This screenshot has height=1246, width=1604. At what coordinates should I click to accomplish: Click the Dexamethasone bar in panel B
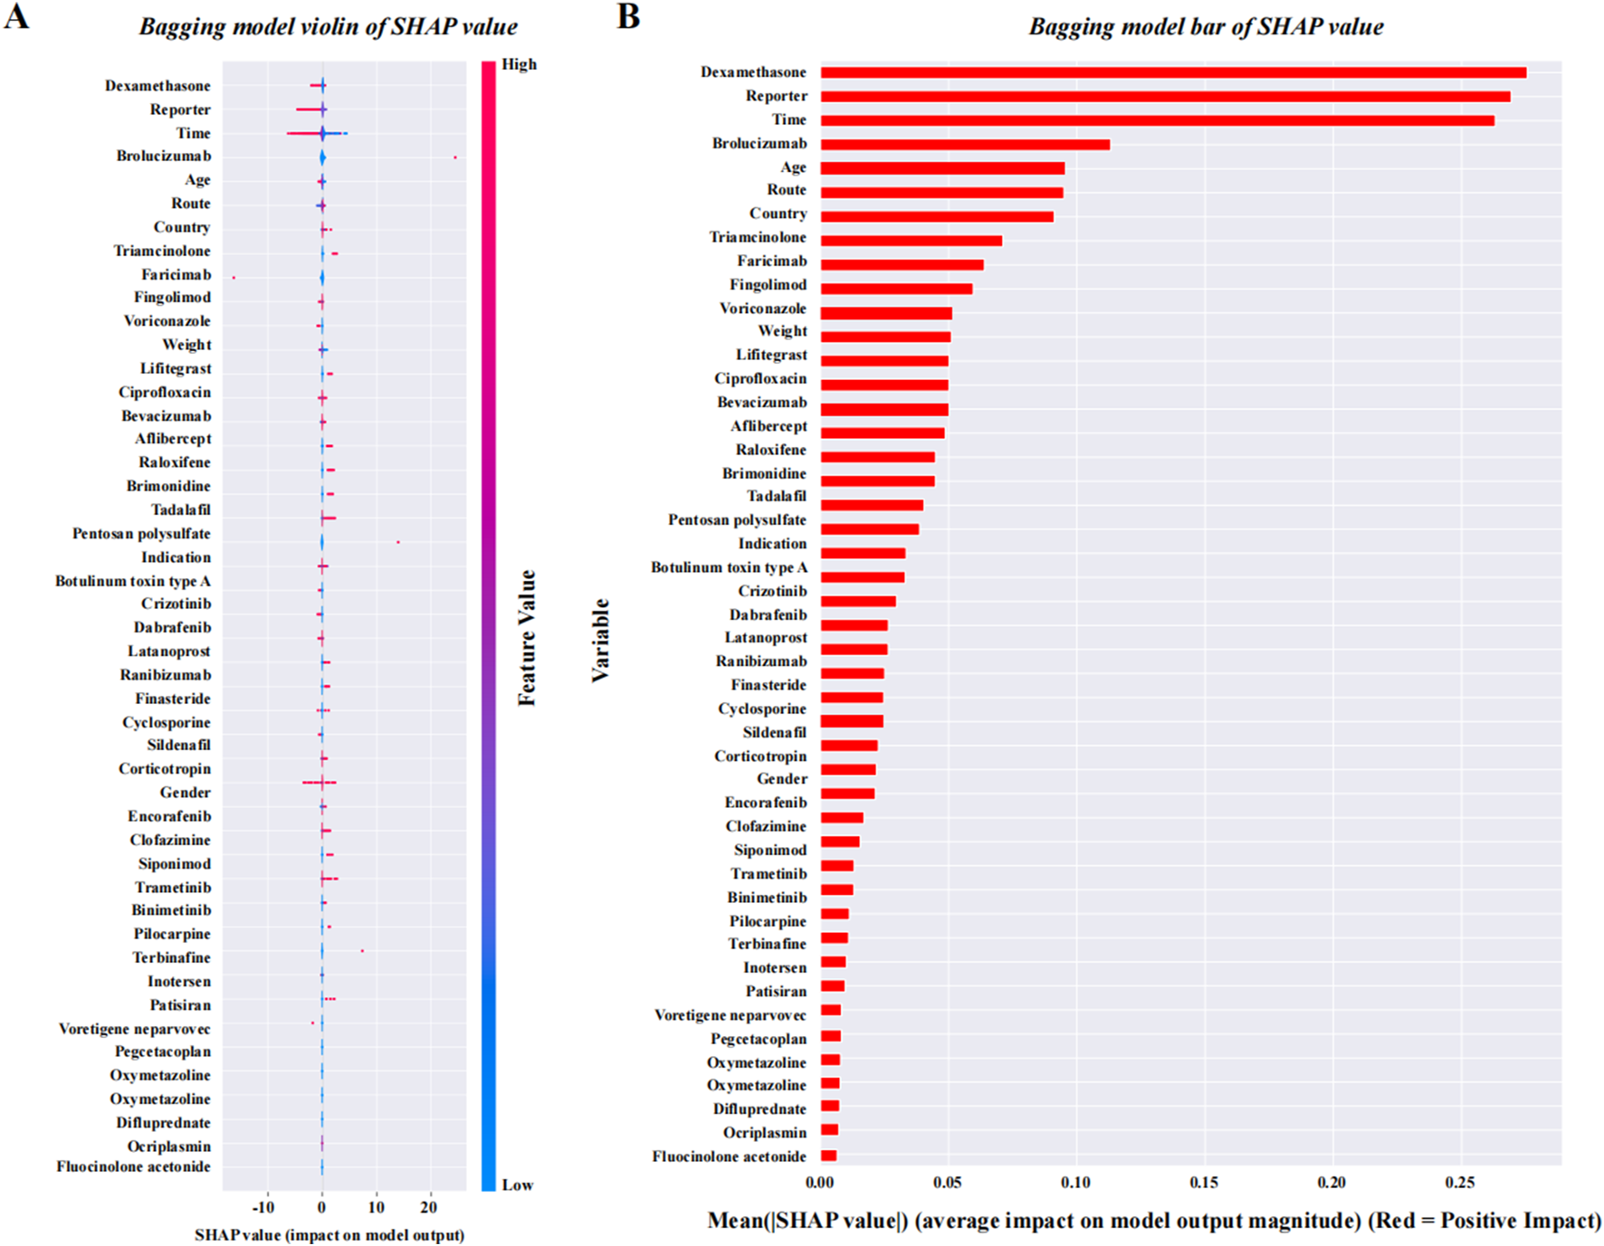point(1172,73)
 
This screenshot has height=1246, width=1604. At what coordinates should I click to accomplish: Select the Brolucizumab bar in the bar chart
point(965,145)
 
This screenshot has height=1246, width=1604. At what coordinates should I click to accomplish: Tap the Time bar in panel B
point(1157,120)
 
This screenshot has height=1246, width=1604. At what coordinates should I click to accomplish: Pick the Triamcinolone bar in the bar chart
point(911,241)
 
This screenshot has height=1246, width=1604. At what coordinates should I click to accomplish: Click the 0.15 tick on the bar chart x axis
point(1204,1183)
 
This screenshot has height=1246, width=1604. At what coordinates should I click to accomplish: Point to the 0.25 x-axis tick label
point(1459,1183)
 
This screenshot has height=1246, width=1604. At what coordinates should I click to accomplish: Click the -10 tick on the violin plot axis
point(263,1207)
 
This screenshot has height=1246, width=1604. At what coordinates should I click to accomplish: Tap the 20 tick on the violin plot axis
point(429,1207)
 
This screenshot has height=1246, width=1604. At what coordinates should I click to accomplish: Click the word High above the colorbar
point(519,64)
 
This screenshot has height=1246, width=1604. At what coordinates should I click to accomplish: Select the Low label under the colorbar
point(517,1185)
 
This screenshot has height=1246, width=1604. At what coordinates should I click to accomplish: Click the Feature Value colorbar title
point(527,638)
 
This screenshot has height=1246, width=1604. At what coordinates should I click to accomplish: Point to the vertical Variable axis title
point(600,641)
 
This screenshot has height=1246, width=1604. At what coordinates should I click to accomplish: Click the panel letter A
point(16,16)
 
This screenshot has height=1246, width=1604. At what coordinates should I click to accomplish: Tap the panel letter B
point(628,16)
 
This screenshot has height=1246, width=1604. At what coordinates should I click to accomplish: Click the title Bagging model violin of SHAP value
point(328,26)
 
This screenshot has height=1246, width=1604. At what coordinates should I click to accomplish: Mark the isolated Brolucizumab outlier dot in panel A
point(455,157)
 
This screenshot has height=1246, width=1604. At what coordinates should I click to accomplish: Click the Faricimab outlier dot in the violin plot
point(234,277)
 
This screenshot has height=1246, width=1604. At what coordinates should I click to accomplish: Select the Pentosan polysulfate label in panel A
point(141,534)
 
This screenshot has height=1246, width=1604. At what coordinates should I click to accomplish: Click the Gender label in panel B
point(781,779)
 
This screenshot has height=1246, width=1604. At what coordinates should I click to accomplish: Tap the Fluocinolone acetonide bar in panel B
point(828,1156)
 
